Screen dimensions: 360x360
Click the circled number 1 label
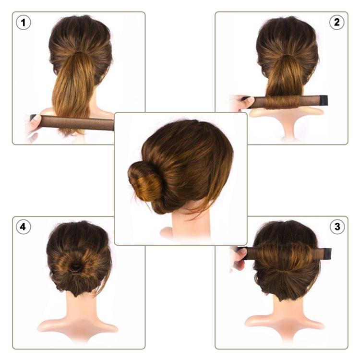coord(23,23)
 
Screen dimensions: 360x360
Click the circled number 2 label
coord(336,23)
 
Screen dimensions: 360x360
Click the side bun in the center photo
coord(145,181)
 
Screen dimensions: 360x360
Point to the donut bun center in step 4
coord(77,267)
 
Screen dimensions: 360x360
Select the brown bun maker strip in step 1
coord(77,122)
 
